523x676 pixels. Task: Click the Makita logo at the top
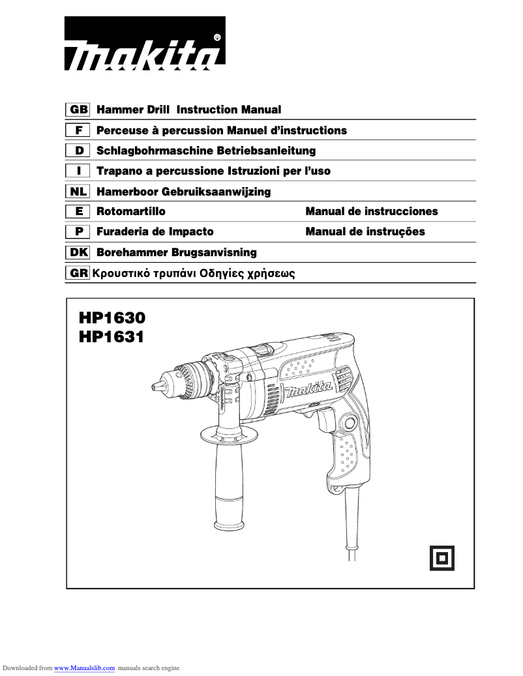click(x=145, y=44)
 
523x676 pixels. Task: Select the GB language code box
click(x=78, y=110)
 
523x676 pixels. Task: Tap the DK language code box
click(x=78, y=252)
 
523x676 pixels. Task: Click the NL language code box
click(x=78, y=192)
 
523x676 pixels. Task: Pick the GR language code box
click(x=78, y=274)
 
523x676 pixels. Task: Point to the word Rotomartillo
click(x=130, y=211)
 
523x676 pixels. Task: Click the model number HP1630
click(x=112, y=318)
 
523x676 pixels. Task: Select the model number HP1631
click(x=112, y=337)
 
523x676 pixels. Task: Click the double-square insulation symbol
click(x=441, y=557)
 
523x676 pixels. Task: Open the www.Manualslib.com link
click(x=84, y=668)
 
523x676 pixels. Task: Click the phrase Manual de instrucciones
click(x=372, y=211)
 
